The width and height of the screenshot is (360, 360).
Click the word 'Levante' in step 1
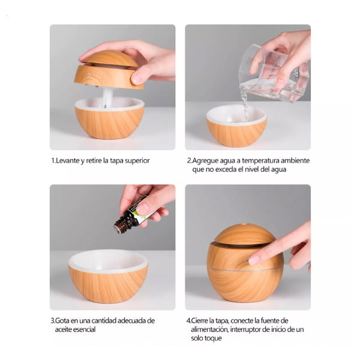pos(68,160)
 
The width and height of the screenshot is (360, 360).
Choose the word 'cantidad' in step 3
pos(104,320)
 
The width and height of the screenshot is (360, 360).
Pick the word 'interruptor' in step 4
pos(245,329)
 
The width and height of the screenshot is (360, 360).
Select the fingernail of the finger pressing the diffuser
pos(253,260)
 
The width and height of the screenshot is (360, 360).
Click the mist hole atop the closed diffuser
pos(244,224)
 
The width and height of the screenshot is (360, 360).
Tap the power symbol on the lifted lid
pos(89,74)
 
